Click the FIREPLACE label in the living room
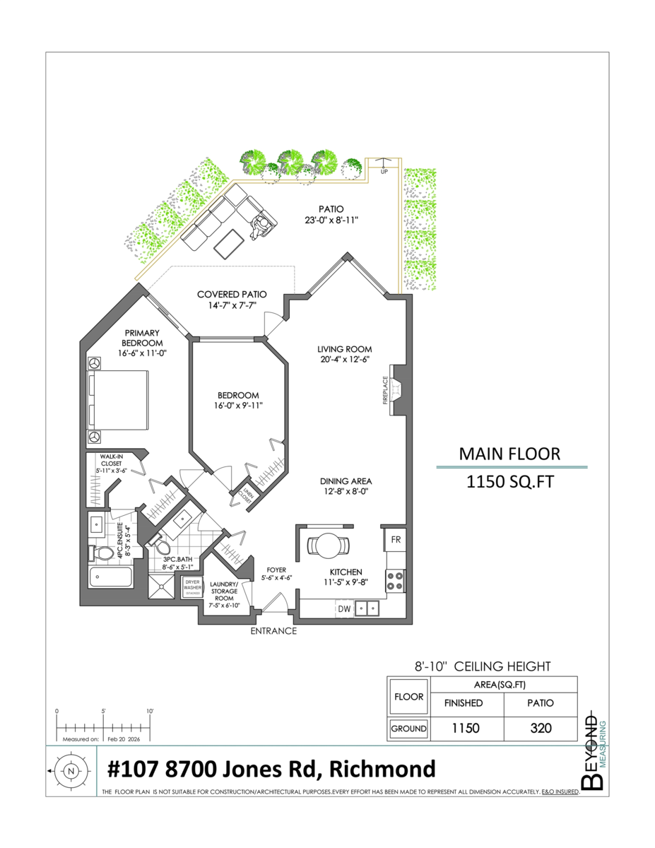386,391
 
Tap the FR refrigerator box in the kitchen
396,539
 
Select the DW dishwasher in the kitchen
344,608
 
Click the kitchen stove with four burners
395,581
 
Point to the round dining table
329,545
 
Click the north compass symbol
71,772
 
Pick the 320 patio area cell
541,729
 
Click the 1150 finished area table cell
466,729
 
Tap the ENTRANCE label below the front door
273,631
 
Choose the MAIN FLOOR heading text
509,454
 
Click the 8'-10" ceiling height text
482,666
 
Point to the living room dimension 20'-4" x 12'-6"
344,359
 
